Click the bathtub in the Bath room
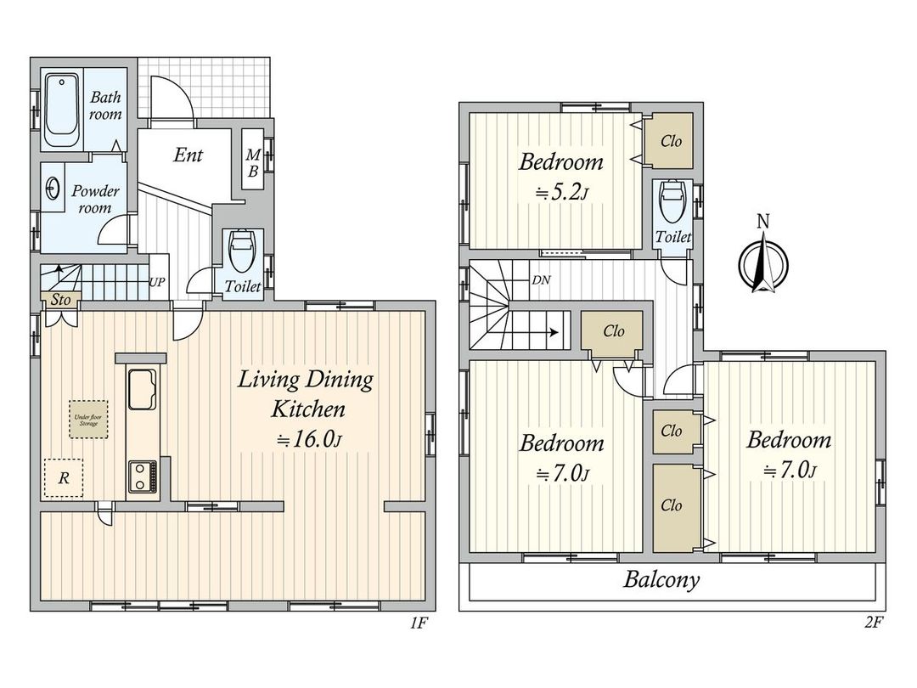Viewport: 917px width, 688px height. pyautogui.click(x=62, y=108)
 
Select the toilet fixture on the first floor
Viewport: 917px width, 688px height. pyautogui.click(x=242, y=251)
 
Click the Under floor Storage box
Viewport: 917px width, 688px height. pyautogui.click(x=89, y=420)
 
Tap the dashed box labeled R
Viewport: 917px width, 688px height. pyautogui.click(x=64, y=478)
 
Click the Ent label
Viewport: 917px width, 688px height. pyautogui.click(x=188, y=155)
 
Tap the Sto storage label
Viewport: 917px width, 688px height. pyautogui.click(x=59, y=300)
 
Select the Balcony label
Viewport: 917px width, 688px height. pyautogui.click(x=662, y=581)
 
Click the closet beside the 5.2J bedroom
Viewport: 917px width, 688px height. pyautogui.click(x=670, y=142)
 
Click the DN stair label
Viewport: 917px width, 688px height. pyautogui.click(x=540, y=279)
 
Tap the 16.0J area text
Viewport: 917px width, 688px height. pyautogui.click(x=309, y=439)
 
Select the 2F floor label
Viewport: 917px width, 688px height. pyautogui.click(x=874, y=623)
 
